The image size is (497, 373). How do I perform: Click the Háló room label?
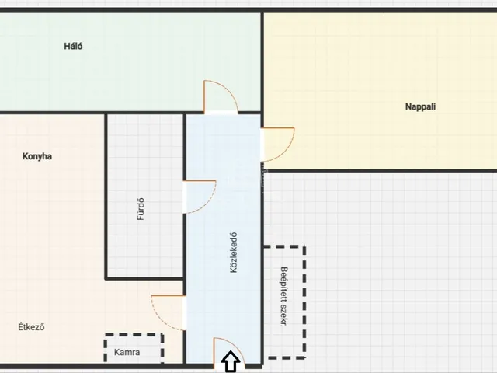point(73,47)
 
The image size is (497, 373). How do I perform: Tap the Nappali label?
point(420,106)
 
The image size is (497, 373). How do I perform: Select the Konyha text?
point(37,156)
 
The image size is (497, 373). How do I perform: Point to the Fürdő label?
point(141,209)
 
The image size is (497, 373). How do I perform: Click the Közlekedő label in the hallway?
point(234,253)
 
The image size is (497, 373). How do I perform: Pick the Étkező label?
point(31,327)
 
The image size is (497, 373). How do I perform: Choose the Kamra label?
point(127,352)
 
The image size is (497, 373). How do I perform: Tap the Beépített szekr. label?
point(284,297)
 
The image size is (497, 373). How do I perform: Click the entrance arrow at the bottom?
point(231,361)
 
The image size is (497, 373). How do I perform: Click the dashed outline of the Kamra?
point(134,335)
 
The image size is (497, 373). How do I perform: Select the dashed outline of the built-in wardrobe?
point(304,302)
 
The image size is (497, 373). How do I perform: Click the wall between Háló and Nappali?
point(262,62)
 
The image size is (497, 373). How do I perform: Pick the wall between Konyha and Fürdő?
point(106,196)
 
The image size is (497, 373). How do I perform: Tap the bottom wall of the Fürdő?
point(144,278)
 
